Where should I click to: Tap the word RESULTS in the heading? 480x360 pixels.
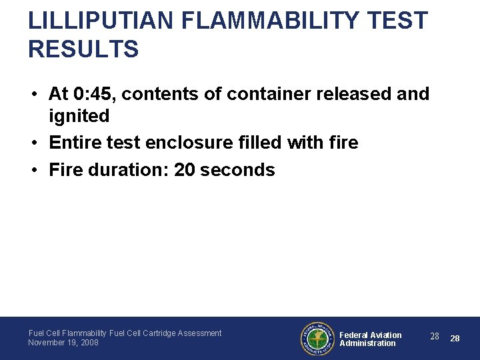click(83, 49)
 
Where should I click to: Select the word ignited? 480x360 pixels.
click(79, 116)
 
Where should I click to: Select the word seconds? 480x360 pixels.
click(238, 169)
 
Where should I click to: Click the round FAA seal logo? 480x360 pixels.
click(317, 339)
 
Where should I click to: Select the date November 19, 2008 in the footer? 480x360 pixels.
click(63, 343)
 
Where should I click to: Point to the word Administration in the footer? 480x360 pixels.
click(367, 343)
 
